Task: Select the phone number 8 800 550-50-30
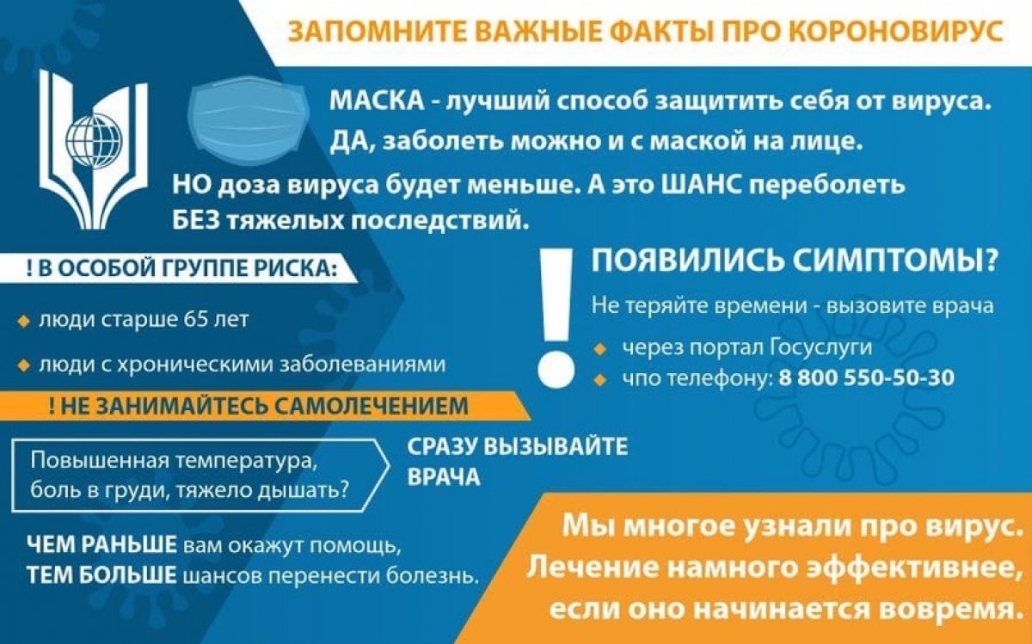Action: (x=867, y=377)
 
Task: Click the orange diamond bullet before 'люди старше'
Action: (x=23, y=321)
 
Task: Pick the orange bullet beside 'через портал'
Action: (x=599, y=348)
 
